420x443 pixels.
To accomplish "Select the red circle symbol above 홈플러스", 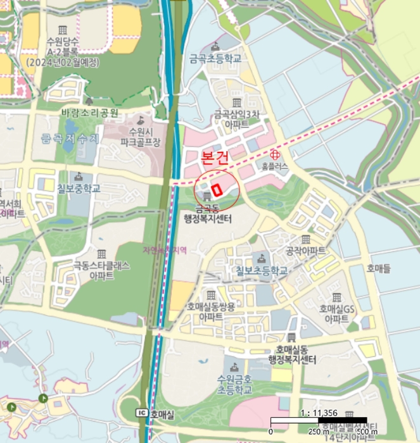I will (x=275, y=154).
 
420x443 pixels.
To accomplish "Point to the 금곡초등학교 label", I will (x=215, y=58).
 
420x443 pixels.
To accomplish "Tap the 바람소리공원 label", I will (x=89, y=113).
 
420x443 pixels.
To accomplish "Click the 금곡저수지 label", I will (x=70, y=138).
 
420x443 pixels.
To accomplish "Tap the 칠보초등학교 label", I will (x=262, y=271).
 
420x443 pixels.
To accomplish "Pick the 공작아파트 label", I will (x=305, y=251).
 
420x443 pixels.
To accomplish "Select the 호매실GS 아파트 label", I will (x=336, y=313).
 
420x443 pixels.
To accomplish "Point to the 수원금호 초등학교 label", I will (x=234, y=384).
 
